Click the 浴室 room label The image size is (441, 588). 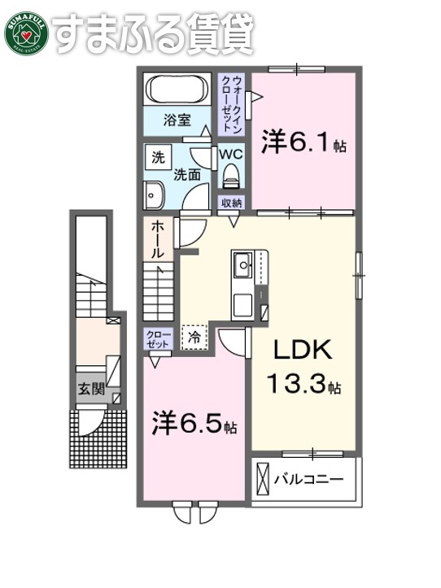pyautogui.click(x=177, y=120)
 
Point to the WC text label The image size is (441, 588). pyautogui.click(x=231, y=152)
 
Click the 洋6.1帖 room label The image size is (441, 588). pyautogui.click(x=303, y=144)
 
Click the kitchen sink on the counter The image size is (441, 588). pyautogui.click(x=242, y=264)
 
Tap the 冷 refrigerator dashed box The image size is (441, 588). pyautogui.click(x=194, y=335)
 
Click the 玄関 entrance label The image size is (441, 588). pyautogui.click(x=91, y=389)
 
